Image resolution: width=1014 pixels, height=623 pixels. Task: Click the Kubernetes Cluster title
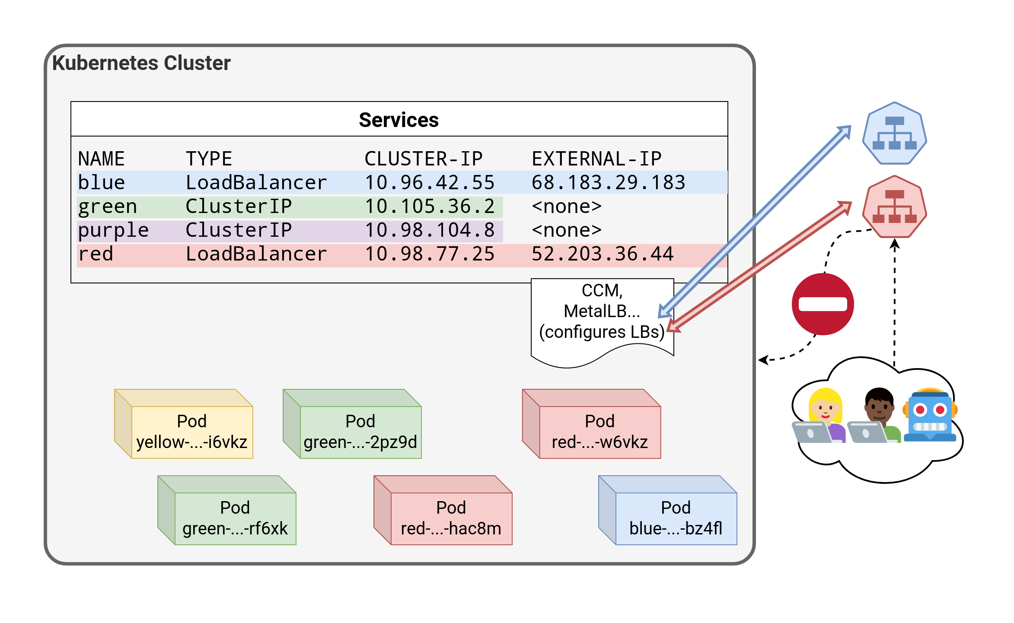141,63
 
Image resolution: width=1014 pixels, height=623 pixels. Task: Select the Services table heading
399,120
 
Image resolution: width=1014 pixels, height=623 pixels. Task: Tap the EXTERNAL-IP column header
596,159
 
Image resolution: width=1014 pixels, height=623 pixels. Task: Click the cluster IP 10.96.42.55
430,183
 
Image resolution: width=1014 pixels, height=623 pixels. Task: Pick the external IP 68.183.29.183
608,183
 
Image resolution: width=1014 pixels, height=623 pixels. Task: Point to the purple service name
113,230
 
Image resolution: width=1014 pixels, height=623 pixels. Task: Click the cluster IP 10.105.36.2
430,207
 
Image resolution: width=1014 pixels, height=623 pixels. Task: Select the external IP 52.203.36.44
603,254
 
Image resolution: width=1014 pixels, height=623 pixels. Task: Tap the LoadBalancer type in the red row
256,254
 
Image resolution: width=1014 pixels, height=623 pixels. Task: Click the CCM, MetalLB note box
602,315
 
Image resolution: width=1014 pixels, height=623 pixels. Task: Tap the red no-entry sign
823,304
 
